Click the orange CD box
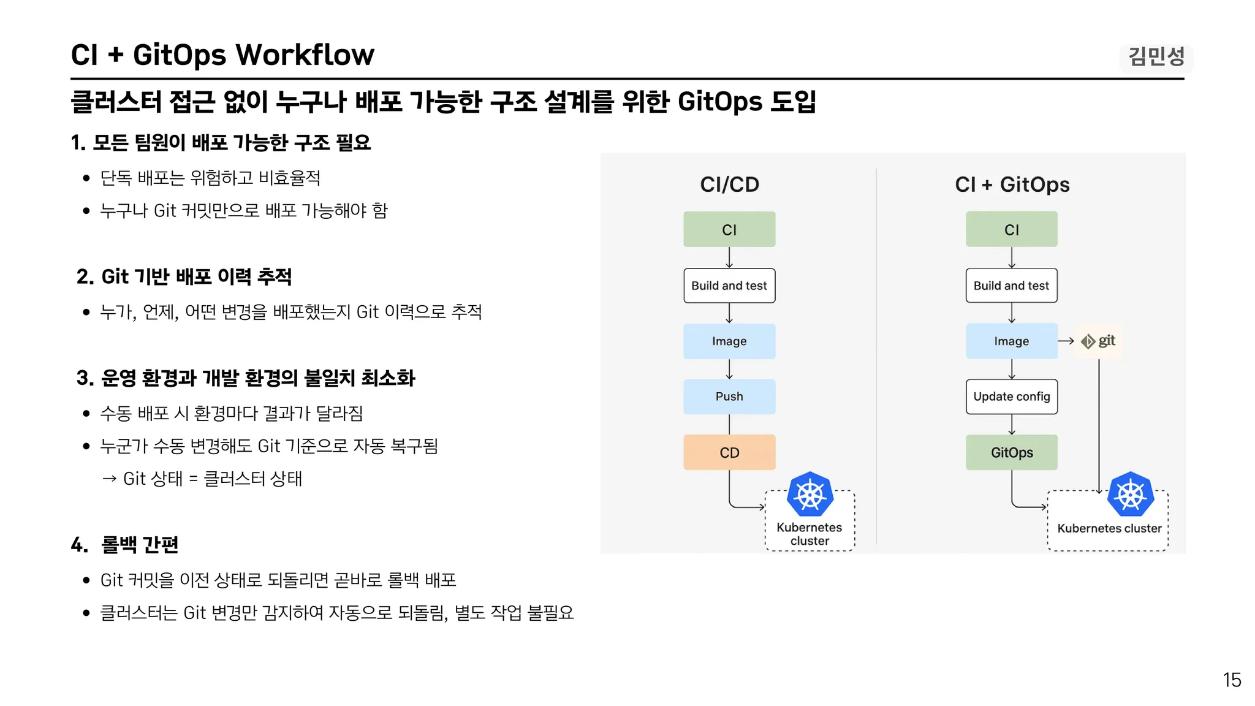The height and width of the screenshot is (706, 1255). click(x=729, y=452)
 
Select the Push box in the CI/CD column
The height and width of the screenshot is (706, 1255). click(x=729, y=397)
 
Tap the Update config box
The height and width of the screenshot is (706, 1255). click(x=1012, y=397)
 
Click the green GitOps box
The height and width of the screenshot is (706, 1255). click(x=1012, y=452)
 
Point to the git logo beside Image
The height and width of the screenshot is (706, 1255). click(x=1098, y=341)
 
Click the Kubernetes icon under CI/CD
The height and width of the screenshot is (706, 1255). click(x=810, y=495)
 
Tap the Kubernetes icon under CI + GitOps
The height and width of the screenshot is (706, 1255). click(x=1131, y=495)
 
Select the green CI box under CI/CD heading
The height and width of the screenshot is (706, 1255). click(x=729, y=229)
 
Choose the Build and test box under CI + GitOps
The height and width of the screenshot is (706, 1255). click(x=1012, y=286)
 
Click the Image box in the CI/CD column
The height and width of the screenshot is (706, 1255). click(x=729, y=341)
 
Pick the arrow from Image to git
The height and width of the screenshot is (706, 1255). click(x=1066, y=341)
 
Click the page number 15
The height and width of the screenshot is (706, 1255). click(x=1232, y=680)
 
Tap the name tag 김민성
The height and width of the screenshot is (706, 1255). click(x=1156, y=57)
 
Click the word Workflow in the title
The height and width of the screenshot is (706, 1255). click(x=305, y=55)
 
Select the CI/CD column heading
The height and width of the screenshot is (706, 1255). click(x=729, y=184)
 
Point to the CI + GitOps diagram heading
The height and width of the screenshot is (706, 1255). click(x=1012, y=184)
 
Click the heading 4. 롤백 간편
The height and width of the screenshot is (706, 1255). click(x=124, y=544)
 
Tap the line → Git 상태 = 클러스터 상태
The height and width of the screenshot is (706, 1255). click(x=202, y=478)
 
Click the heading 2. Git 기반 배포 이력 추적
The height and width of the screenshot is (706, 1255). click(x=184, y=276)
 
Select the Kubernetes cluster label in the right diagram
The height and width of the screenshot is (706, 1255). click(x=1109, y=528)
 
